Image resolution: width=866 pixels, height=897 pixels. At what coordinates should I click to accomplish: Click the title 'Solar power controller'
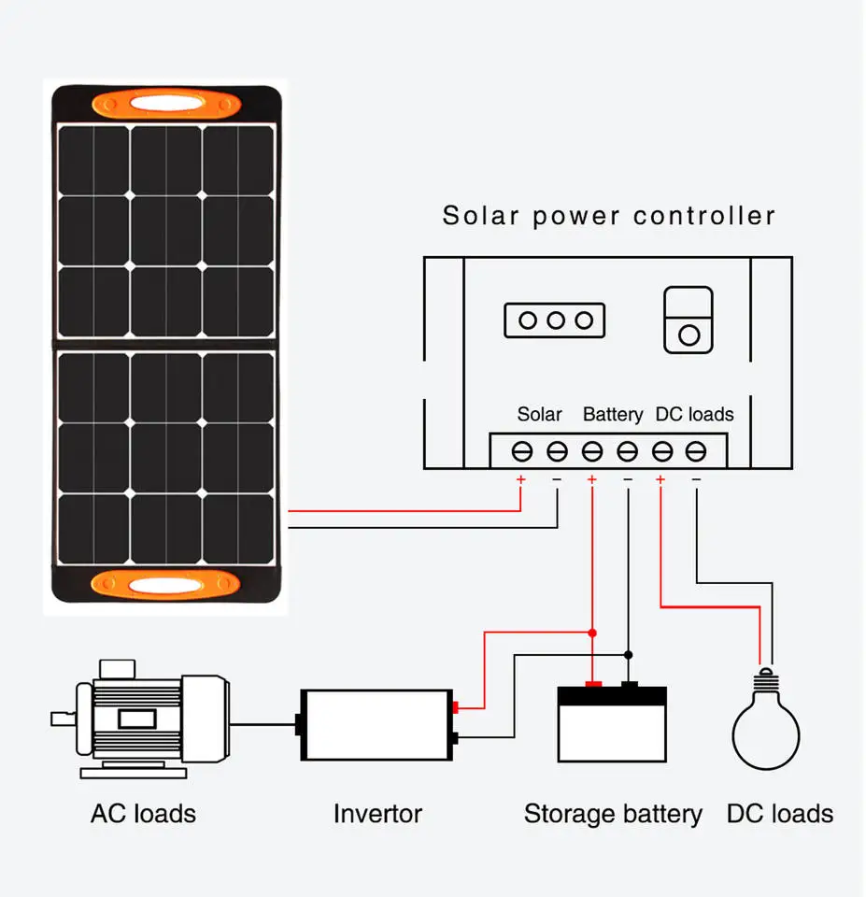(608, 216)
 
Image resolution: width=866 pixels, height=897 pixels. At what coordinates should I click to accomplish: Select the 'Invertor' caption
(377, 813)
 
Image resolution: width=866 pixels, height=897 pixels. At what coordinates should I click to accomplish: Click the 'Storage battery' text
(612, 813)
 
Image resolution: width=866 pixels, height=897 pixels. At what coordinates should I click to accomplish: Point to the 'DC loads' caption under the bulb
(779, 813)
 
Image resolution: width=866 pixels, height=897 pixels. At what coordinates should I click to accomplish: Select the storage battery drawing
(612, 724)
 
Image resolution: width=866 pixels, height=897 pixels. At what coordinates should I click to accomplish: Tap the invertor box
(376, 724)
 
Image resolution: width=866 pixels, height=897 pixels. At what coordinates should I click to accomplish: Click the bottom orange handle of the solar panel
(166, 585)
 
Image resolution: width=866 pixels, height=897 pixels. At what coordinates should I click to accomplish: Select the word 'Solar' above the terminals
(539, 414)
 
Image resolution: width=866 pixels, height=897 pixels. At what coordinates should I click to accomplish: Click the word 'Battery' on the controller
(613, 414)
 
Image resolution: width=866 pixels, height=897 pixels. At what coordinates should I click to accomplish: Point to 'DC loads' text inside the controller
(694, 414)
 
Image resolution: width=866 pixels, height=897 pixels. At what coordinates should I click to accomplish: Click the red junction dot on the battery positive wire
(591, 633)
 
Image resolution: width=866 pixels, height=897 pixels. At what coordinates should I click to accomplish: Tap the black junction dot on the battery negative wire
(628, 654)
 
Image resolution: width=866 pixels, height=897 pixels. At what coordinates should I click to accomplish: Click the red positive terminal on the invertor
(455, 707)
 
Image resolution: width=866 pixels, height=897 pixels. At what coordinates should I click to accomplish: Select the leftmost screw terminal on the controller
(521, 452)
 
